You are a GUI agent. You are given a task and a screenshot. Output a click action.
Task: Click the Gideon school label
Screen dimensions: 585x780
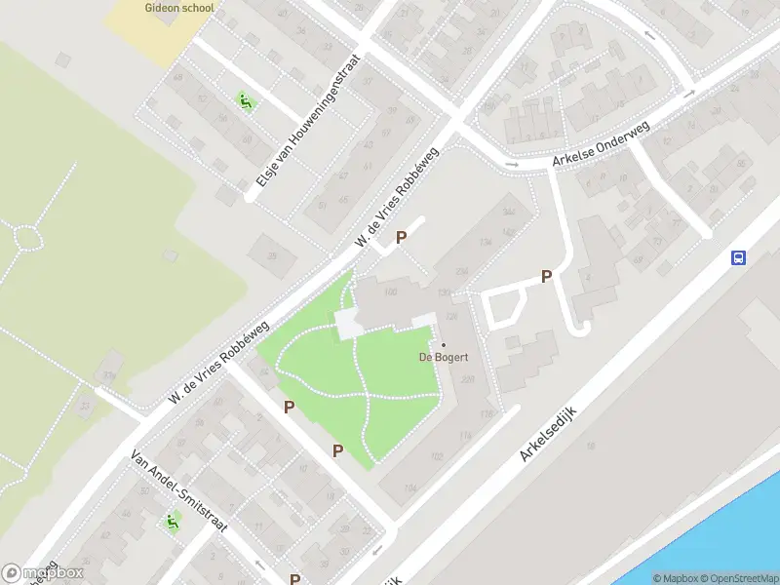[178, 7]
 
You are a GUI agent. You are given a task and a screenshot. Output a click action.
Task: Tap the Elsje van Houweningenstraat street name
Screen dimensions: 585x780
[308, 121]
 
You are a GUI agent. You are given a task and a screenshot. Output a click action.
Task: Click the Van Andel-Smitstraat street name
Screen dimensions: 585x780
[179, 489]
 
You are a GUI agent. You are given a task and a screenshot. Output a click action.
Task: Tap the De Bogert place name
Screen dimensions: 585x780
[444, 357]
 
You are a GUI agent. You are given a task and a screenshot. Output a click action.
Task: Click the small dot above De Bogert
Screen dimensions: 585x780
[444, 344]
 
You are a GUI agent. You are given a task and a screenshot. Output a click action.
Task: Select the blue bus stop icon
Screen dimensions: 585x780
[739, 257]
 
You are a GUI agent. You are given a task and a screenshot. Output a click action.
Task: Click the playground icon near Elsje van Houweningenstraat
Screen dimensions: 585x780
[244, 99]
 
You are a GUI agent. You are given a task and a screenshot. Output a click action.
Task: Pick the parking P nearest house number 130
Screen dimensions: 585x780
[546, 276]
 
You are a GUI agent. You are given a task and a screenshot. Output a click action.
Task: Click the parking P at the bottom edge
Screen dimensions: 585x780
[295, 579]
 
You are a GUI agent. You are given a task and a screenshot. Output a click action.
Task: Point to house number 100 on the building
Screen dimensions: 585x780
[392, 292]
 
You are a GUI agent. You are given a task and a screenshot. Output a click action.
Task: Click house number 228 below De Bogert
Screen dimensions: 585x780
[468, 379]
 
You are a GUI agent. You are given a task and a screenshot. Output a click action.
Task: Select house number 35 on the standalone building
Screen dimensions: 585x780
[273, 255]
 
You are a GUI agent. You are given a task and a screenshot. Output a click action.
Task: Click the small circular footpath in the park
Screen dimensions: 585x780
[26, 236]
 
